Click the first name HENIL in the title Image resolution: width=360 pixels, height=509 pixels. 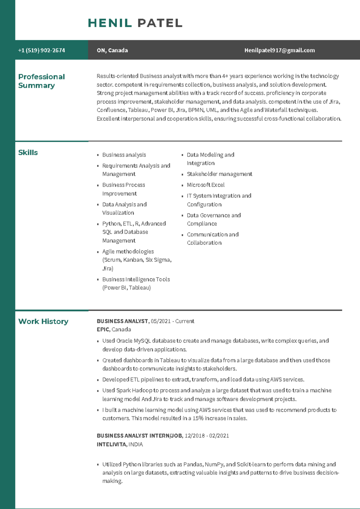coord(110,23)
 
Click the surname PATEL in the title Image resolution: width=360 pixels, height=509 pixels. coord(160,23)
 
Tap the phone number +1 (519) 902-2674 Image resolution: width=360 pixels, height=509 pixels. coord(41,50)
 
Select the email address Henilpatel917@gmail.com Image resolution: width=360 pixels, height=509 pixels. coord(280,50)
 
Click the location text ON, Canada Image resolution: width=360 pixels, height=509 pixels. coord(112,50)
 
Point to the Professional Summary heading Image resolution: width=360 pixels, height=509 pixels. coord(41,81)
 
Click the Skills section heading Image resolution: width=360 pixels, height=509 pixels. coord(28,153)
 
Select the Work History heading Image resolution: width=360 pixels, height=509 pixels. coord(43,321)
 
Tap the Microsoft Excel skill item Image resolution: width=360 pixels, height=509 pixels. coord(205,185)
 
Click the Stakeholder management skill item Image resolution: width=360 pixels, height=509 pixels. coord(219,174)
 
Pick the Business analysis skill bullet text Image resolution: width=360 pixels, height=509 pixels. coord(124,155)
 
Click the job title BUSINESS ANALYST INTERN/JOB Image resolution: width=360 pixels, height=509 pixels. coord(139,436)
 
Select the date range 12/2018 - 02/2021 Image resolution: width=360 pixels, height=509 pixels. coord(207,436)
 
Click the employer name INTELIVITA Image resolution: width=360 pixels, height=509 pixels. coord(112,445)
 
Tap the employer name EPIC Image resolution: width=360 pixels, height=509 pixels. coord(103,329)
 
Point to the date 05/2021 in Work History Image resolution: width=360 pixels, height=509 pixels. coord(160,321)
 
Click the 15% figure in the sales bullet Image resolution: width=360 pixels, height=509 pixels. coord(198,418)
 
